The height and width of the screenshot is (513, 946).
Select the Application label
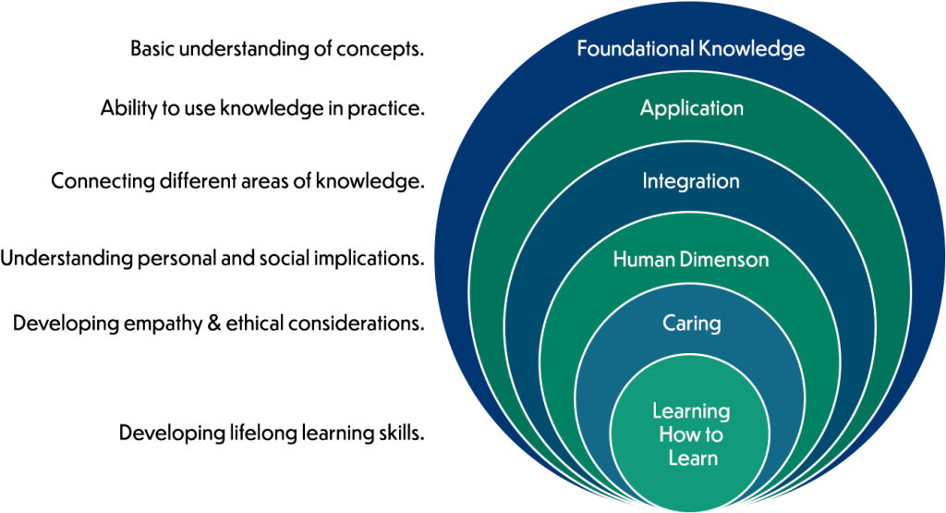click(x=692, y=108)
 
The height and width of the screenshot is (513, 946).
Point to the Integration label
click(x=691, y=181)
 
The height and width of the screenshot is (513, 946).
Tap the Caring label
click(x=692, y=324)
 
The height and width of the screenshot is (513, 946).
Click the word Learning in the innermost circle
click(x=691, y=411)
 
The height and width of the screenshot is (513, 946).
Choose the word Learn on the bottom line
click(x=693, y=458)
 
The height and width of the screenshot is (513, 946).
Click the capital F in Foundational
click(x=583, y=49)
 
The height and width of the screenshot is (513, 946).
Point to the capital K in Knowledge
click(x=709, y=49)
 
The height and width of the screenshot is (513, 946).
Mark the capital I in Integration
click(x=646, y=181)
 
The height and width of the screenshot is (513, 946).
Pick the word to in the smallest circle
click(x=713, y=434)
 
